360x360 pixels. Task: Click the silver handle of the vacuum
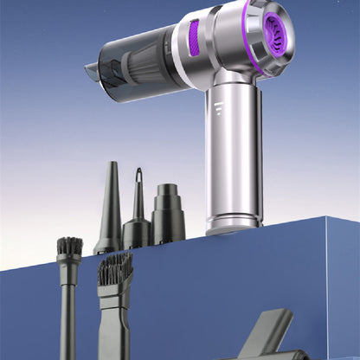tap(232, 147)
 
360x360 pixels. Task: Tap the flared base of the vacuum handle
tap(233, 223)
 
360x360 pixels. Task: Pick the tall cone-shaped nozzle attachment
tap(110, 212)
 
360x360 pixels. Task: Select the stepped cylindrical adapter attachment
tap(168, 216)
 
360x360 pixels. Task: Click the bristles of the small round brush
tap(69, 246)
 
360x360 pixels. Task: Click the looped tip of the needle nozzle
tap(136, 174)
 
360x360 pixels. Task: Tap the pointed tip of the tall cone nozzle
tap(111, 164)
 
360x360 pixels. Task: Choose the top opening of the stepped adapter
tap(167, 186)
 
